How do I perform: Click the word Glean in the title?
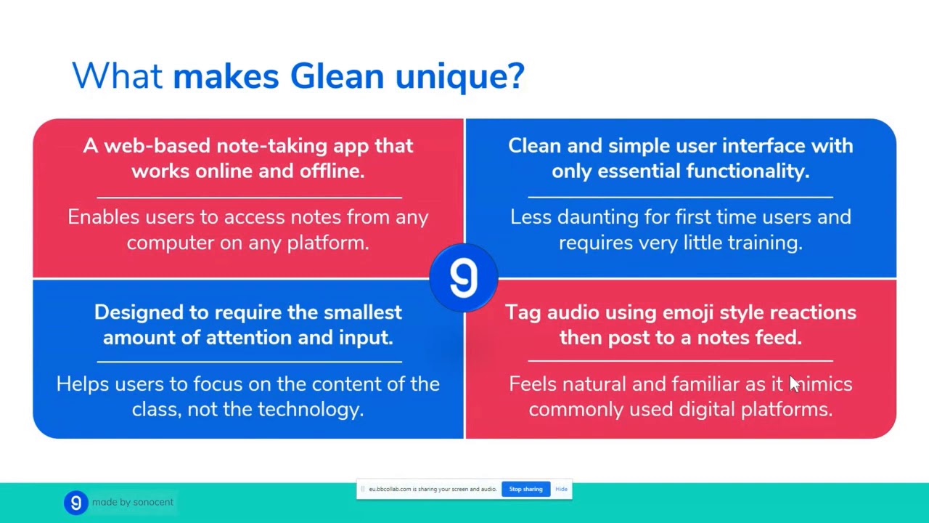[336, 76]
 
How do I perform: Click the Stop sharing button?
[525, 490]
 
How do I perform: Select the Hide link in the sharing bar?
[561, 490]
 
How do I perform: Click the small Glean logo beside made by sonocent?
[75, 503]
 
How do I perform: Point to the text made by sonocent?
[132, 503]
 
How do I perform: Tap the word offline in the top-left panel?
[331, 171]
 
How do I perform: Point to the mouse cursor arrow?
[793, 384]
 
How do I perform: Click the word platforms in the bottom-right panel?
[786, 410]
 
